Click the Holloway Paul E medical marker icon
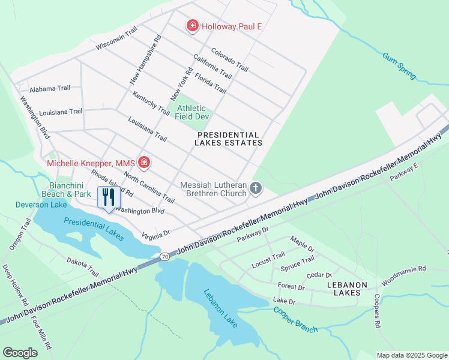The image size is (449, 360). [193, 26]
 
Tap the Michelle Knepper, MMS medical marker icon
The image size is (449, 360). [144, 163]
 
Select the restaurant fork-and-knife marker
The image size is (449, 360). [109, 197]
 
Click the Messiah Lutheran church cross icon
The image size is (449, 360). [256, 189]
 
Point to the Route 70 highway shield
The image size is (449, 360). [164, 256]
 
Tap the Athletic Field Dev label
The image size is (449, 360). [191, 112]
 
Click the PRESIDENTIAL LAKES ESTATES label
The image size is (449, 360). [229, 139]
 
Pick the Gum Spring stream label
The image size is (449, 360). [400, 66]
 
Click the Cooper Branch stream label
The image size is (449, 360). [295, 319]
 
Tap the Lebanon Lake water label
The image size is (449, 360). [221, 309]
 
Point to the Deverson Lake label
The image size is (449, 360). [34, 205]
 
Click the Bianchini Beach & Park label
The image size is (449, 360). [66, 190]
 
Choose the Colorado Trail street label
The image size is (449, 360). [229, 59]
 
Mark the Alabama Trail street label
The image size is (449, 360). [50, 88]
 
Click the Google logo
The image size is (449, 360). [20, 353]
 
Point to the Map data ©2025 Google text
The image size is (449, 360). [411, 355]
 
